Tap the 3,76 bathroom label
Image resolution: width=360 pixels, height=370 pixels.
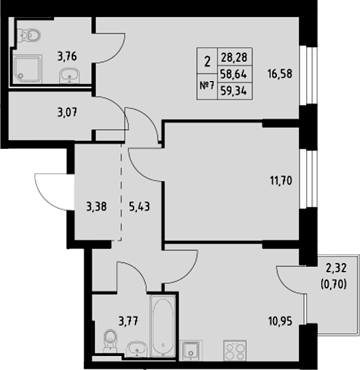(x=67, y=56)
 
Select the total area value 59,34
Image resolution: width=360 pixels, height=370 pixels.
(x=230, y=91)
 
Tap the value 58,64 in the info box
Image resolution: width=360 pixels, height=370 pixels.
(x=230, y=76)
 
